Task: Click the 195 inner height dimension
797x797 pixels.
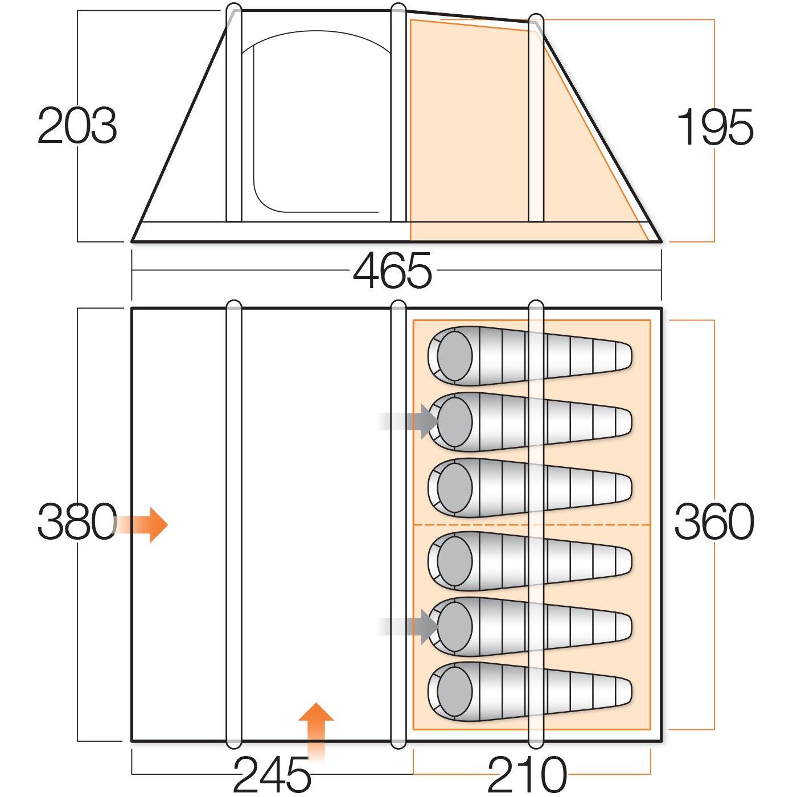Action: pyautogui.click(x=714, y=126)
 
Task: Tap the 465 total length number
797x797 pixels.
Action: pyautogui.click(x=392, y=271)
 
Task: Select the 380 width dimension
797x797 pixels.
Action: pyautogui.click(x=77, y=521)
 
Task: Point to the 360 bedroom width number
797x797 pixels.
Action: pyautogui.click(x=714, y=521)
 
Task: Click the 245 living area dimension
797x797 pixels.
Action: pyautogui.click(x=272, y=774)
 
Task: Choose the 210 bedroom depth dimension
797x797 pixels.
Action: pyautogui.click(x=527, y=774)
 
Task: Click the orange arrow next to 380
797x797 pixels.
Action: pyautogui.click(x=141, y=525)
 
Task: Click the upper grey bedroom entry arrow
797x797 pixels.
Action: pyautogui.click(x=409, y=422)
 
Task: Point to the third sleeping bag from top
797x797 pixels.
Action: pyautogui.click(x=530, y=488)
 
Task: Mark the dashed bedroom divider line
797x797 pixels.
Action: pyautogui.click(x=532, y=525)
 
